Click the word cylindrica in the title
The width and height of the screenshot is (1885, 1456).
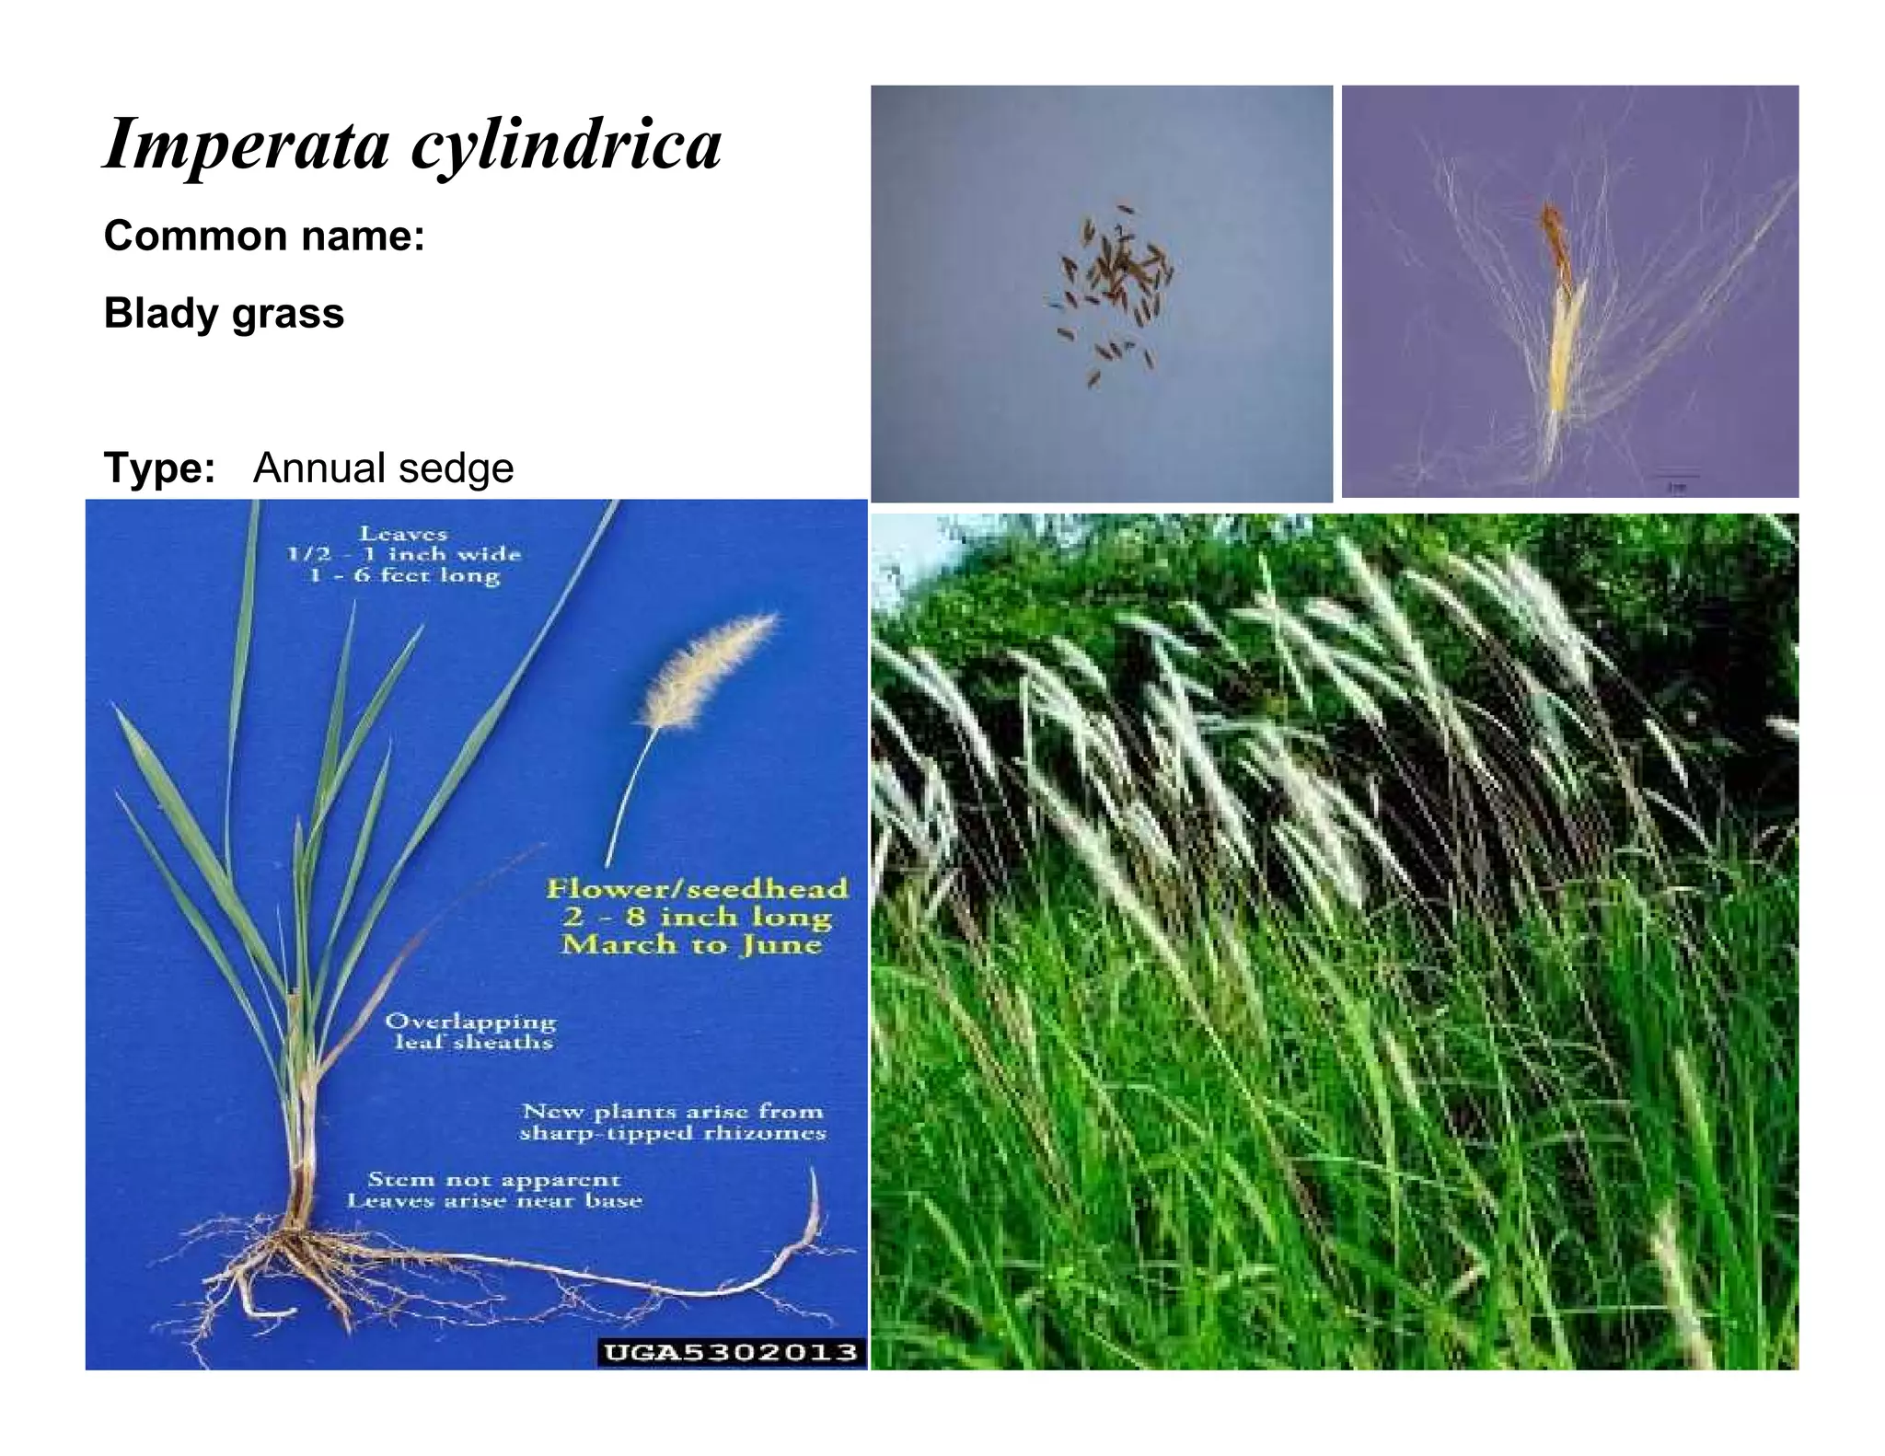pyautogui.click(x=566, y=145)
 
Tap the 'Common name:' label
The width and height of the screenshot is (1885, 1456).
pyautogui.click(x=264, y=237)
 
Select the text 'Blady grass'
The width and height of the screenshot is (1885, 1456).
pyautogui.click(x=224, y=314)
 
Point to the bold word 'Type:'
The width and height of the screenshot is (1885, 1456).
pyautogui.click(x=159, y=468)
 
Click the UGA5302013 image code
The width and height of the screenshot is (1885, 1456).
pyautogui.click(x=731, y=1352)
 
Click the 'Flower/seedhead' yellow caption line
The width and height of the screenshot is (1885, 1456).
pyautogui.click(x=697, y=889)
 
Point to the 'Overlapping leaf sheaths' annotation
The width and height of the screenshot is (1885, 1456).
pyautogui.click(x=471, y=1032)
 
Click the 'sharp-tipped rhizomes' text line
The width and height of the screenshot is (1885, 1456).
pyautogui.click(x=672, y=1134)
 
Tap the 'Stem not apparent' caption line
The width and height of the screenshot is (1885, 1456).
pyautogui.click(x=494, y=1179)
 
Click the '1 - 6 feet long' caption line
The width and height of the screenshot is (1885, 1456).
pyautogui.click(x=405, y=576)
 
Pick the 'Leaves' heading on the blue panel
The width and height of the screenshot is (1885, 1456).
pyautogui.click(x=403, y=534)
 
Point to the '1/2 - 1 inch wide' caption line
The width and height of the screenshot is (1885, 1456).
pyautogui.click(x=403, y=555)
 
